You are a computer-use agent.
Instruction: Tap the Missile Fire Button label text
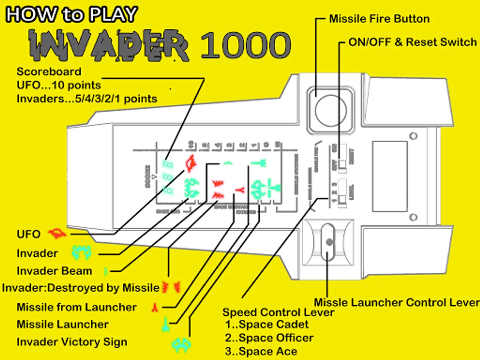pyautogui.click(x=379, y=19)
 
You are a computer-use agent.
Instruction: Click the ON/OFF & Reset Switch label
pyautogui.click(x=412, y=42)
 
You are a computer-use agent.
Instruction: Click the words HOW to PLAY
pyautogui.click(x=72, y=15)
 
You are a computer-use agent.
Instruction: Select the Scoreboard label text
pyautogui.click(x=49, y=72)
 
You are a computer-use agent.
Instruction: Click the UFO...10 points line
pyautogui.click(x=58, y=85)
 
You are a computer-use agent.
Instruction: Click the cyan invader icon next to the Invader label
pyautogui.click(x=82, y=252)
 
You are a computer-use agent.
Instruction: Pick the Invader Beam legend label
pyautogui.click(x=54, y=271)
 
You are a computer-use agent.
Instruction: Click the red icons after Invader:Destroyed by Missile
pyautogui.click(x=171, y=287)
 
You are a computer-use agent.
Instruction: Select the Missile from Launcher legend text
pyautogui.click(x=77, y=307)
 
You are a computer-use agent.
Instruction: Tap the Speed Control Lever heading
pyautogui.click(x=278, y=312)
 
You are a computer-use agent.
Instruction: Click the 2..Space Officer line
pyautogui.click(x=269, y=338)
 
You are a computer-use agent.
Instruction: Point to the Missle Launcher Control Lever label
pyautogui.click(x=396, y=302)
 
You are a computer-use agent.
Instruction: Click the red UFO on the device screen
pyautogui.click(x=190, y=163)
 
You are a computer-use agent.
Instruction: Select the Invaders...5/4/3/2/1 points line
pyautogui.click(x=87, y=98)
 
